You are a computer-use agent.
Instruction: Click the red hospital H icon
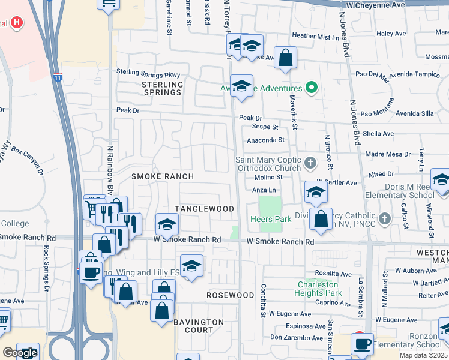point(17,23)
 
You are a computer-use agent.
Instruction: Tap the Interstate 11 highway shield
point(58,77)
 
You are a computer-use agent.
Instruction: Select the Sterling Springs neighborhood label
point(162,89)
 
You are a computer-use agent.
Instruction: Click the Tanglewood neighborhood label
point(204,208)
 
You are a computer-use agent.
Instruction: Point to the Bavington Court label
point(199,326)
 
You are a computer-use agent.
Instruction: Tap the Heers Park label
point(271,220)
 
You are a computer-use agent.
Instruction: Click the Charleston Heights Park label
point(318,289)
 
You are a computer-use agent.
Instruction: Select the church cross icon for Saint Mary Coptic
point(310,163)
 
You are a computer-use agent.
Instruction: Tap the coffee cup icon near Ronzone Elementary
point(362,344)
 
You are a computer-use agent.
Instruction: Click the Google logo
point(20,353)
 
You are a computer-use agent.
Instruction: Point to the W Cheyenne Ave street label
point(390,5)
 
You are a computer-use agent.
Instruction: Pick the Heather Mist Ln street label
point(315,37)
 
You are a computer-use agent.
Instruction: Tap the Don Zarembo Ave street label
point(298,337)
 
